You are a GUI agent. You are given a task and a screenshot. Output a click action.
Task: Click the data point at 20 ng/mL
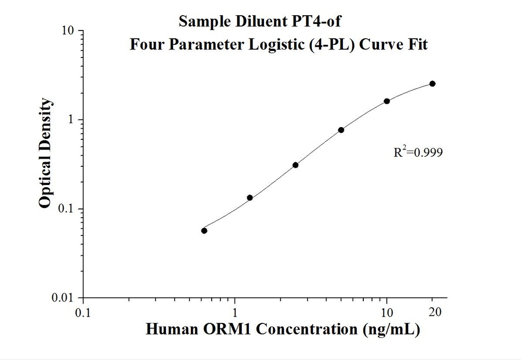point(432,83)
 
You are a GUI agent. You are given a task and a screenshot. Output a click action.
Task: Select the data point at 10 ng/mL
point(387,101)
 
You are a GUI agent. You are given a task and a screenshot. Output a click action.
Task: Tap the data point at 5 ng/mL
point(341,130)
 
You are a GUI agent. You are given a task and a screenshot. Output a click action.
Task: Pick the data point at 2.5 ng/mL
point(295,165)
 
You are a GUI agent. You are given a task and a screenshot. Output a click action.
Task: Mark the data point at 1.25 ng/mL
point(250,197)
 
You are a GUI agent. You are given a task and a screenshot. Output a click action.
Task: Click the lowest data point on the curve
point(204,230)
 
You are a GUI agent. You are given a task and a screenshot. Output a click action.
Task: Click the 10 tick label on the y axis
point(69,31)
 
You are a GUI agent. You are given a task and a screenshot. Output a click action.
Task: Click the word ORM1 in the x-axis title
point(228,329)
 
